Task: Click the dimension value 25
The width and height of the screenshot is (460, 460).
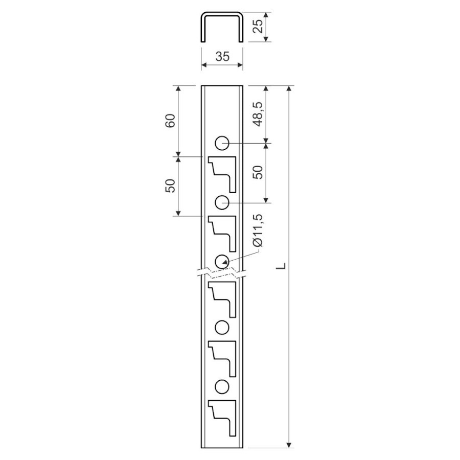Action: pos(258,27)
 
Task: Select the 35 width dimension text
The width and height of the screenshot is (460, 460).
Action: pos(222,56)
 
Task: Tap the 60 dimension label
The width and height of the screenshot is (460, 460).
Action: pos(170,120)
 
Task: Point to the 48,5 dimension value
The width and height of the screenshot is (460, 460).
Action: pos(258,114)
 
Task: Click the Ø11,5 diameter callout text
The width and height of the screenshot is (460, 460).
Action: pos(258,234)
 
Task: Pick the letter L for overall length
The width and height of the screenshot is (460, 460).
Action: pos(281,266)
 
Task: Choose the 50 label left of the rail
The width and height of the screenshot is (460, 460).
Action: pos(170,186)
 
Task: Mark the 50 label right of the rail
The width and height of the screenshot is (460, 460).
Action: pos(258,173)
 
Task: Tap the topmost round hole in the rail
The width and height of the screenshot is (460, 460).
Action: pos(222,143)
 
